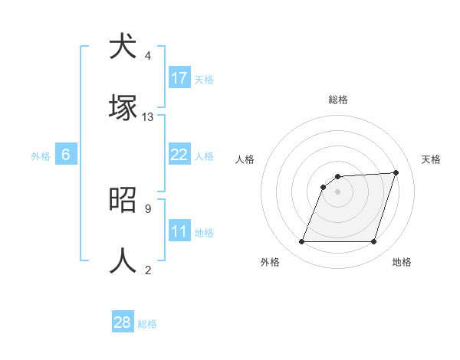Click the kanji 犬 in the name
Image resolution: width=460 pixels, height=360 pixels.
(123, 47)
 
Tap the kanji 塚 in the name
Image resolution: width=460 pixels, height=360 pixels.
(123, 108)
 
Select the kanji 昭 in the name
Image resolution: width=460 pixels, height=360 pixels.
(123, 200)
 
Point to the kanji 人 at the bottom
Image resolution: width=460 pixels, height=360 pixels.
(123, 261)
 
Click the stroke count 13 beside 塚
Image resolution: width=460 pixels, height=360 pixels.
(148, 117)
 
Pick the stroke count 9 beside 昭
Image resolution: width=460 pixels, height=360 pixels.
(147, 208)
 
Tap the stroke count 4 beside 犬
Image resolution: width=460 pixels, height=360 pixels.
(147, 56)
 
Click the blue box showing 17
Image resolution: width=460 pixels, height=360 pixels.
(179, 78)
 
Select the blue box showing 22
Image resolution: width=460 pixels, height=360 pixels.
(179, 155)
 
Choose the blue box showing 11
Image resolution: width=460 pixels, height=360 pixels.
(179, 231)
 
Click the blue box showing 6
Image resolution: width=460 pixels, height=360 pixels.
(66, 155)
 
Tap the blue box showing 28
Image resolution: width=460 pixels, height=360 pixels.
(123, 322)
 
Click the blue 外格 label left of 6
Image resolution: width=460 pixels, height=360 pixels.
(41, 156)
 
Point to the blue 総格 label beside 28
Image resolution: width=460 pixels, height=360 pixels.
(147, 324)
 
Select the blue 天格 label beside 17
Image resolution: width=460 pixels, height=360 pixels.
(204, 80)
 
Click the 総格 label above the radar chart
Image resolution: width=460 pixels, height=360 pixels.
(337, 100)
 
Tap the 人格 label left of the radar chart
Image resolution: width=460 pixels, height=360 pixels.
(245, 159)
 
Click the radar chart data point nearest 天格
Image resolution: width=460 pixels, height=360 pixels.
(396, 172)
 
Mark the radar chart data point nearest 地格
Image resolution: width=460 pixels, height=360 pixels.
(373, 242)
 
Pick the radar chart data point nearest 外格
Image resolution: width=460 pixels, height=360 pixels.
(301, 242)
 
